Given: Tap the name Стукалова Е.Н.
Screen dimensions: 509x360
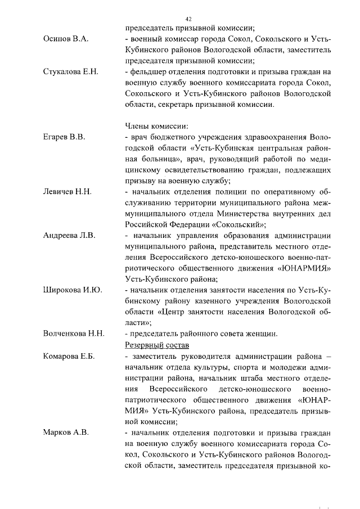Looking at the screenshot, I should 71,71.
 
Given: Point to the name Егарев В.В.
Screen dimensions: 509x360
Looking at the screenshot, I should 64,137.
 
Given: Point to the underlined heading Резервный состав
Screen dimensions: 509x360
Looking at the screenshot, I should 156,344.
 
